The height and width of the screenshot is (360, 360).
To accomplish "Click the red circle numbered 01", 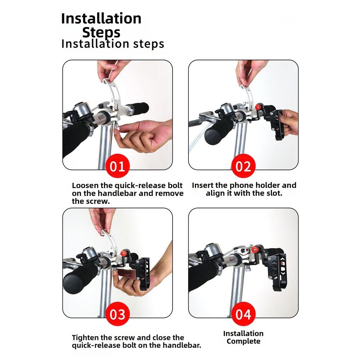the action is pos(117,166).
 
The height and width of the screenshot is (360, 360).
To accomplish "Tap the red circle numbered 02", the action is pos(243,166).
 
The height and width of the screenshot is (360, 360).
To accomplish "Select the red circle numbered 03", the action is pos(117,314).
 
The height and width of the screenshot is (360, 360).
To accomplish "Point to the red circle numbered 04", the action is pos(243,314).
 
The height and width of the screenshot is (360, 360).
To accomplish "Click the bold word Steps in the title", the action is pos(101,33).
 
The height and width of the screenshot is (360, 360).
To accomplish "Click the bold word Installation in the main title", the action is pos(101,18).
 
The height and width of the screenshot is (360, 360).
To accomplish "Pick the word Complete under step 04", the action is pos(243,341).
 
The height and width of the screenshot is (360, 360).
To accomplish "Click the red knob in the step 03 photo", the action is pos(124,254).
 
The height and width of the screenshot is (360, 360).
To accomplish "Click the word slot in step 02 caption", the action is pos(273,193).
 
